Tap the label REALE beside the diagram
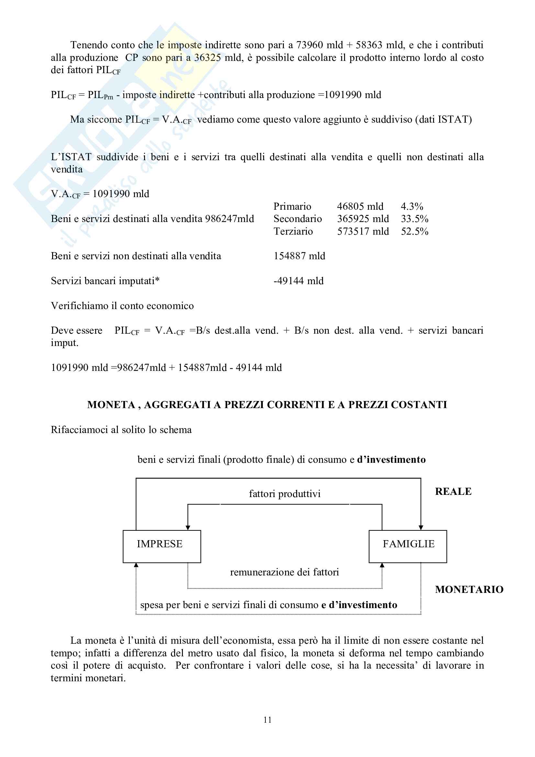(453, 492)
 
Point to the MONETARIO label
(469, 589)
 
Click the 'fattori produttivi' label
(284, 494)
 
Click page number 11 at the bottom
(267, 720)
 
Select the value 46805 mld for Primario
(360, 206)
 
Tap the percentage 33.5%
(414, 219)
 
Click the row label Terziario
(293, 231)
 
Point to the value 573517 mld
(362, 231)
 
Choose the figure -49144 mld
(298, 281)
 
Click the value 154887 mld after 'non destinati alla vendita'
(299, 256)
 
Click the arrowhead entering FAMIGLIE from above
(421, 528)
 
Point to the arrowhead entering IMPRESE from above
(188, 528)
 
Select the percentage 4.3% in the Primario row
(412, 206)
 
